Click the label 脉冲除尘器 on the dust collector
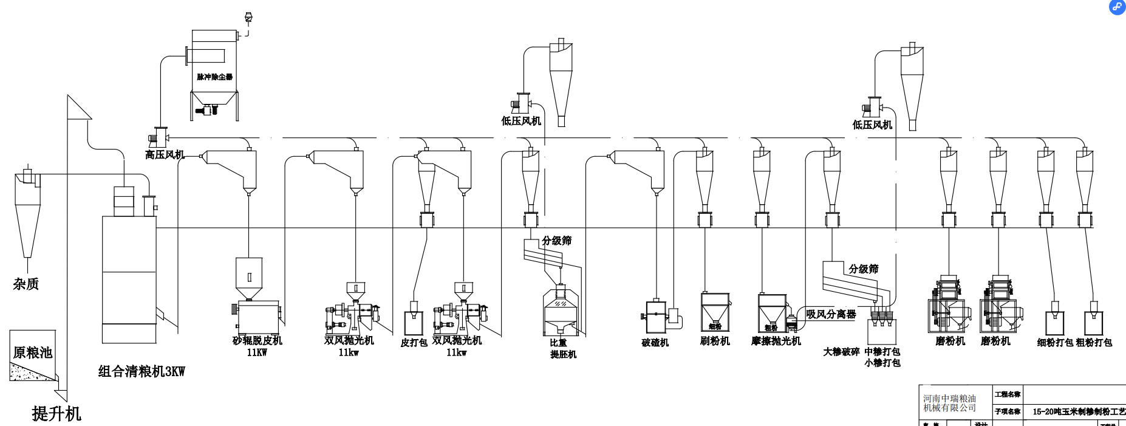(214, 77)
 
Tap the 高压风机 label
(165, 155)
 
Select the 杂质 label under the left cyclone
(26, 284)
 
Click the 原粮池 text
(33, 352)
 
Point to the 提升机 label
(56, 414)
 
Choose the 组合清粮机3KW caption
(142, 371)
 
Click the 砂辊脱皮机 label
(258, 340)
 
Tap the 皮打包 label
(414, 343)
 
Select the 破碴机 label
(655, 343)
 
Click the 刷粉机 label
(715, 341)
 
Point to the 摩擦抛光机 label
(776, 341)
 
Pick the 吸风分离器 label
(831, 314)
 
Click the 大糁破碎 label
(841, 352)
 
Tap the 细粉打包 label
(1055, 343)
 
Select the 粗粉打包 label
(1094, 343)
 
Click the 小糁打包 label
(882, 363)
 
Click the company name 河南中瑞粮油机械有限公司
(949, 403)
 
